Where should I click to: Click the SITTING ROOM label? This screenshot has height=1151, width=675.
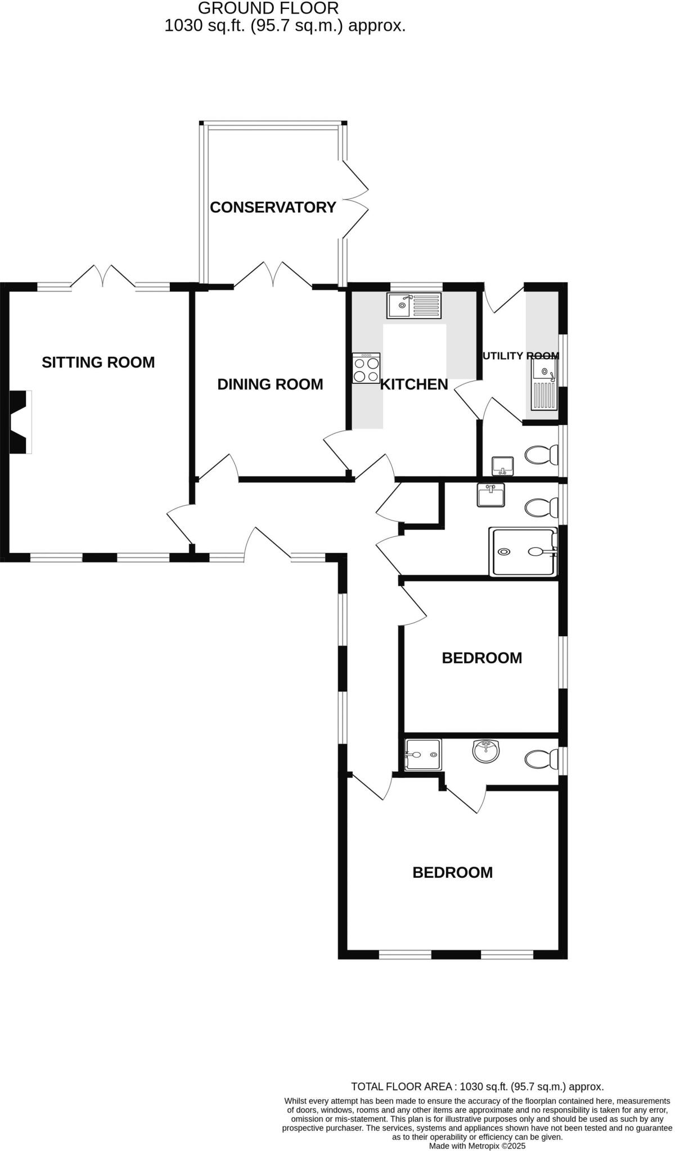point(98,362)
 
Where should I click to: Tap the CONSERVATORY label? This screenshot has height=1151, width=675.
point(273,207)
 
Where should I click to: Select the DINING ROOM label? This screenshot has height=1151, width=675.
point(270,384)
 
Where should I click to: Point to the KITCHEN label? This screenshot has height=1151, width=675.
point(415,384)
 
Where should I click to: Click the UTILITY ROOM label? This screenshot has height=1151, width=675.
point(521,356)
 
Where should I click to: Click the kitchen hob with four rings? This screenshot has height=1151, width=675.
point(366,368)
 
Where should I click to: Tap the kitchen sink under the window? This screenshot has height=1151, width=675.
point(414,305)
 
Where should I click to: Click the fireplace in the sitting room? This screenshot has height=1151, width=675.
point(20,422)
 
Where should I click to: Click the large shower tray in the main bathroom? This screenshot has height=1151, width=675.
point(524,552)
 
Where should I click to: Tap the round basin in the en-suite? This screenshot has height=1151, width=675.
point(485,751)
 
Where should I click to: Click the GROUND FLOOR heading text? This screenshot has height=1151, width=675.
point(268,8)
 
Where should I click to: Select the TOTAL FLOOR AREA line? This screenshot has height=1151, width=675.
point(477,1086)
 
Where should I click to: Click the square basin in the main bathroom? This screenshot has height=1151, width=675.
point(490,496)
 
